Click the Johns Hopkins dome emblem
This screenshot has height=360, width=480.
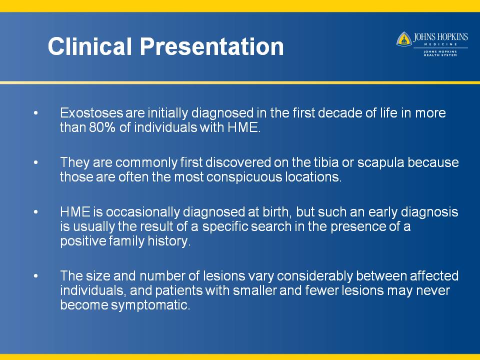pyautogui.click(x=404, y=39)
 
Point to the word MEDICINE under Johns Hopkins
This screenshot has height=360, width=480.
pyautogui.click(x=440, y=44)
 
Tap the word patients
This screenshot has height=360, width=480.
pyautogui.click(x=179, y=290)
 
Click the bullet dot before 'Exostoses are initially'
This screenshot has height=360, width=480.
pyautogui.click(x=36, y=113)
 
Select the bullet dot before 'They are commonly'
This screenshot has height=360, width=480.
pyautogui.click(x=36, y=162)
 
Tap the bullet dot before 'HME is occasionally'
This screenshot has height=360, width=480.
pyautogui.click(x=36, y=212)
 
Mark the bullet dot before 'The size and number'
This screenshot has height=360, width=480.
pyautogui.click(x=36, y=276)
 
